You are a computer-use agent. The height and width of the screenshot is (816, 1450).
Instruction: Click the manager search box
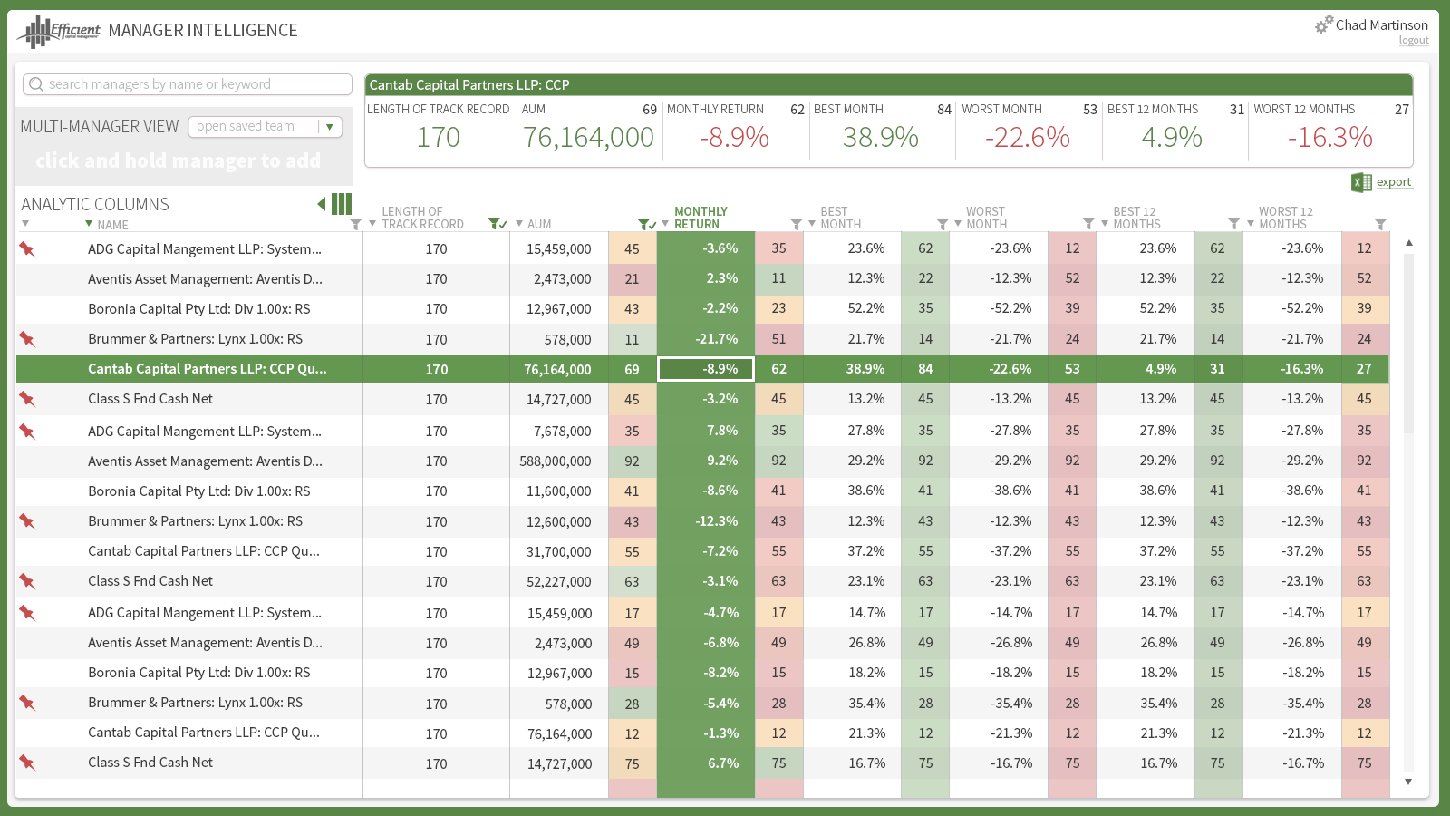pos(188,84)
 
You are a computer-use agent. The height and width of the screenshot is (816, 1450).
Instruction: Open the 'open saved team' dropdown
pos(330,127)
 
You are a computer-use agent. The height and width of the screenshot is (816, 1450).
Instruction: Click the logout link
pos(1413,41)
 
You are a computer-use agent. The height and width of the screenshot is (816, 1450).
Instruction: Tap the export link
pos(1393,182)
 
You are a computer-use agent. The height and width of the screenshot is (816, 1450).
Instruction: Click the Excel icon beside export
pos(1361,182)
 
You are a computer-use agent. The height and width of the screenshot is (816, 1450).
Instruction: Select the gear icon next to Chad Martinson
pos(1324,24)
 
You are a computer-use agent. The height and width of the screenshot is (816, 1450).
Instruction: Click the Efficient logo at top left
pos(59,31)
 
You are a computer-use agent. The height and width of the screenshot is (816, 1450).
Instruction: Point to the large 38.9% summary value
pos(880,138)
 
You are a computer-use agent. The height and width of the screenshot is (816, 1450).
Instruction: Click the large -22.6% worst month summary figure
pos(1027,138)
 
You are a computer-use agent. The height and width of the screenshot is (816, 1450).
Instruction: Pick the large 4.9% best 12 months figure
pos(1171,138)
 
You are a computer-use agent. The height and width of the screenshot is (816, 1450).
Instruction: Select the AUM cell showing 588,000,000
pos(555,461)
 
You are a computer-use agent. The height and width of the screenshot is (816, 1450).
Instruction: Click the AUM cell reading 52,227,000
pos(558,582)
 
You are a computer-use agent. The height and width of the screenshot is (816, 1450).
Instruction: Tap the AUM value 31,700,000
pos(558,552)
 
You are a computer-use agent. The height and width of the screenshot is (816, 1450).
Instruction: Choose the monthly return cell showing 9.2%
pos(721,461)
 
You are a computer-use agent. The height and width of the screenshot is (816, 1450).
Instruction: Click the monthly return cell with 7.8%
pos(721,431)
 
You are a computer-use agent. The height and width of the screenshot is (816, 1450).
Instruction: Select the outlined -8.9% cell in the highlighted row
pos(706,369)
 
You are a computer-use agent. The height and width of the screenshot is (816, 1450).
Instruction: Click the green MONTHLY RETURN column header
pos(700,218)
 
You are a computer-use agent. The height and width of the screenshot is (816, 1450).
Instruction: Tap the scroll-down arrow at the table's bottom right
pos(1408,782)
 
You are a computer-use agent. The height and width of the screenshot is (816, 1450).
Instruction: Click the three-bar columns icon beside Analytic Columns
pos(342,204)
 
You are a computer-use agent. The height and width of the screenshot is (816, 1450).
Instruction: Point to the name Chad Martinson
pos(1381,25)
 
